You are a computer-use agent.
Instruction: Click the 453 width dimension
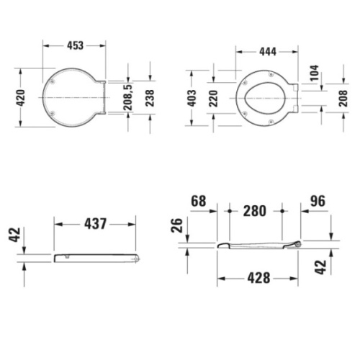pyautogui.click(x=75, y=45)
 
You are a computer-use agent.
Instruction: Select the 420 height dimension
pyautogui.click(x=20, y=98)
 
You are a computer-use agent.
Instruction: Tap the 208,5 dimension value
pyautogui.click(x=127, y=97)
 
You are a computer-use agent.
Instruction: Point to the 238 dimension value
pyautogui.click(x=150, y=98)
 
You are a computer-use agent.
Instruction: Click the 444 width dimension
pyautogui.click(x=268, y=52)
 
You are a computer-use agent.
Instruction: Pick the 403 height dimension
pyautogui.click(x=192, y=98)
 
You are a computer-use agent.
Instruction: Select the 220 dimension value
pyautogui.click(x=213, y=99)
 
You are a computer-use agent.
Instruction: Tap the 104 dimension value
pyautogui.click(x=315, y=73)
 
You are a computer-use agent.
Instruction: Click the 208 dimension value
pyautogui.click(x=343, y=99)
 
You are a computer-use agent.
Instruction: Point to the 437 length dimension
pyautogui.click(x=95, y=224)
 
